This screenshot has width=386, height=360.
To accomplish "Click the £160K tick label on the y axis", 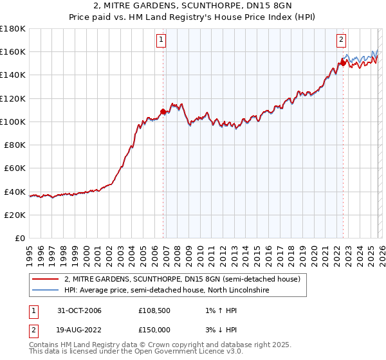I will coord(13,52).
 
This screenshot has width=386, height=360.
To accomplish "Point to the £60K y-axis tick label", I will coord(15,168).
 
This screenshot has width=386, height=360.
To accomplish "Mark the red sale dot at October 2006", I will coord(163,112).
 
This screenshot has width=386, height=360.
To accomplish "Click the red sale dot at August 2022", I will coord(342,64).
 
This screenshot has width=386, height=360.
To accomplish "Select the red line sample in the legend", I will coord(45,280).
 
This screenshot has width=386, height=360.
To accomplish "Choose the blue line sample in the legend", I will coord(45,291).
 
